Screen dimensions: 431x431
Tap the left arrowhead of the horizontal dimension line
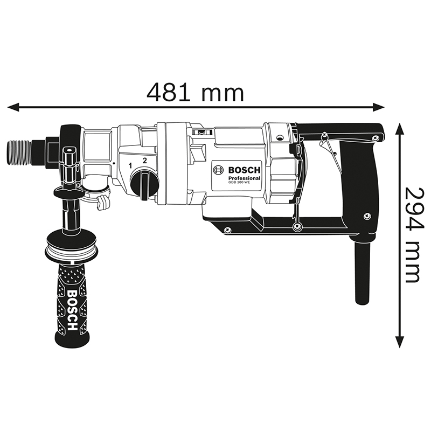13,107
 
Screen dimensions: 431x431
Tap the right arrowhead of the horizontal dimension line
378,107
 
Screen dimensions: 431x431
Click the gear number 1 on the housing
130,165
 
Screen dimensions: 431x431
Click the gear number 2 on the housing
144,161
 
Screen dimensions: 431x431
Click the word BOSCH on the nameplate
244,170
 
